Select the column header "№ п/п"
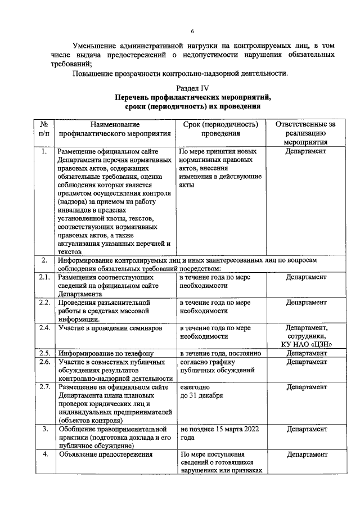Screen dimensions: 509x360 coord(43,129)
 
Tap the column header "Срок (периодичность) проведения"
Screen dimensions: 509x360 coord(213,129)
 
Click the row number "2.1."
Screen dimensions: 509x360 coord(44,277)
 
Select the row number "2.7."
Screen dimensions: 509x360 coord(44,387)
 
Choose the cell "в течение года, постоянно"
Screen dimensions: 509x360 coord(220,353)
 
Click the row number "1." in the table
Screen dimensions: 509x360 coord(44,151)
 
